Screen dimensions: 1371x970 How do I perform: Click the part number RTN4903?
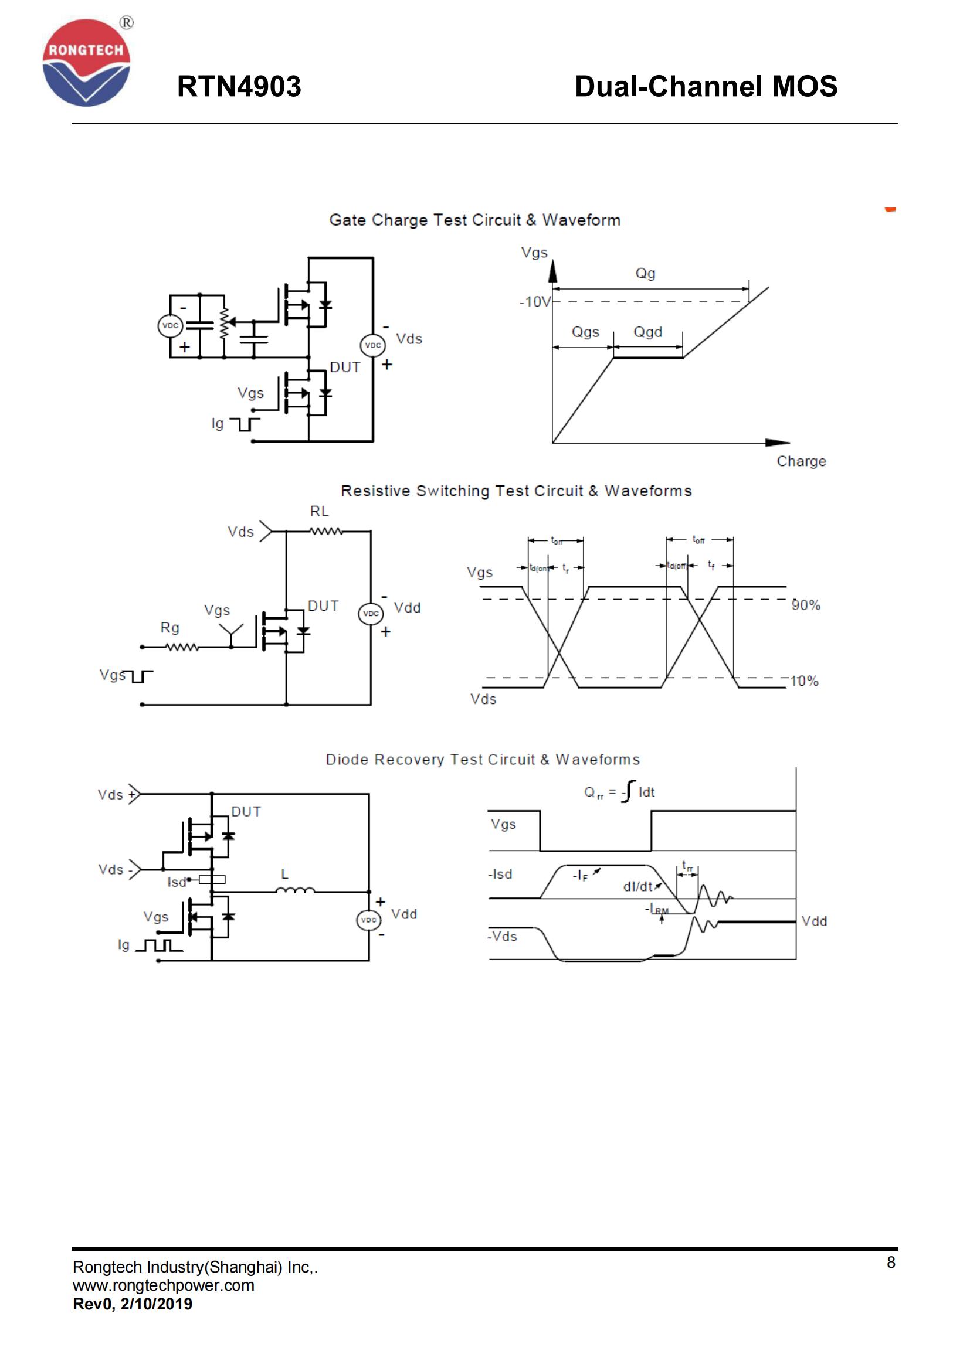[x=239, y=87]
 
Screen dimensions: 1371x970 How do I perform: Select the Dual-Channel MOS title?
[x=706, y=87]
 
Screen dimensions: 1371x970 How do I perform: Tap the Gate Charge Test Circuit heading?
[x=474, y=220]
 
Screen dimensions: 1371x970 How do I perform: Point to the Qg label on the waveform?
[x=645, y=274]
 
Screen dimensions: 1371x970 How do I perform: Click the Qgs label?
[x=585, y=332]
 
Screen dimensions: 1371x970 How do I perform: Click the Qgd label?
[x=647, y=332]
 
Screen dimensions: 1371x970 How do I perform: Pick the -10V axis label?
[x=535, y=302]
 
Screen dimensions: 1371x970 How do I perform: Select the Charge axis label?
[x=801, y=461]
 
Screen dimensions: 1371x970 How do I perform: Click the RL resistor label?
[x=319, y=511]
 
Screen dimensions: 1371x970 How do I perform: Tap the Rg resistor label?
[x=169, y=628]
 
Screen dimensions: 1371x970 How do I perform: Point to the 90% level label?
[x=806, y=605]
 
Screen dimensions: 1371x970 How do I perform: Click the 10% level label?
[x=804, y=681]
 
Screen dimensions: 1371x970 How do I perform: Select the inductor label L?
[x=285, y=874]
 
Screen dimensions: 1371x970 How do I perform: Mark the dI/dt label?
[x=639, y=887]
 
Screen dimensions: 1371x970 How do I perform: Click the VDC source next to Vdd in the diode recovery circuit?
[x=368, y=920]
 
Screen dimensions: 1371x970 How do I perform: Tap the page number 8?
[x=891, y=1263]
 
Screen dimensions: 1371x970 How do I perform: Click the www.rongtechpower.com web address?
[x=164, y=1285]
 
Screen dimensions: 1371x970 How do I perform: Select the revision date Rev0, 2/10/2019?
[x=133, y=1304]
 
